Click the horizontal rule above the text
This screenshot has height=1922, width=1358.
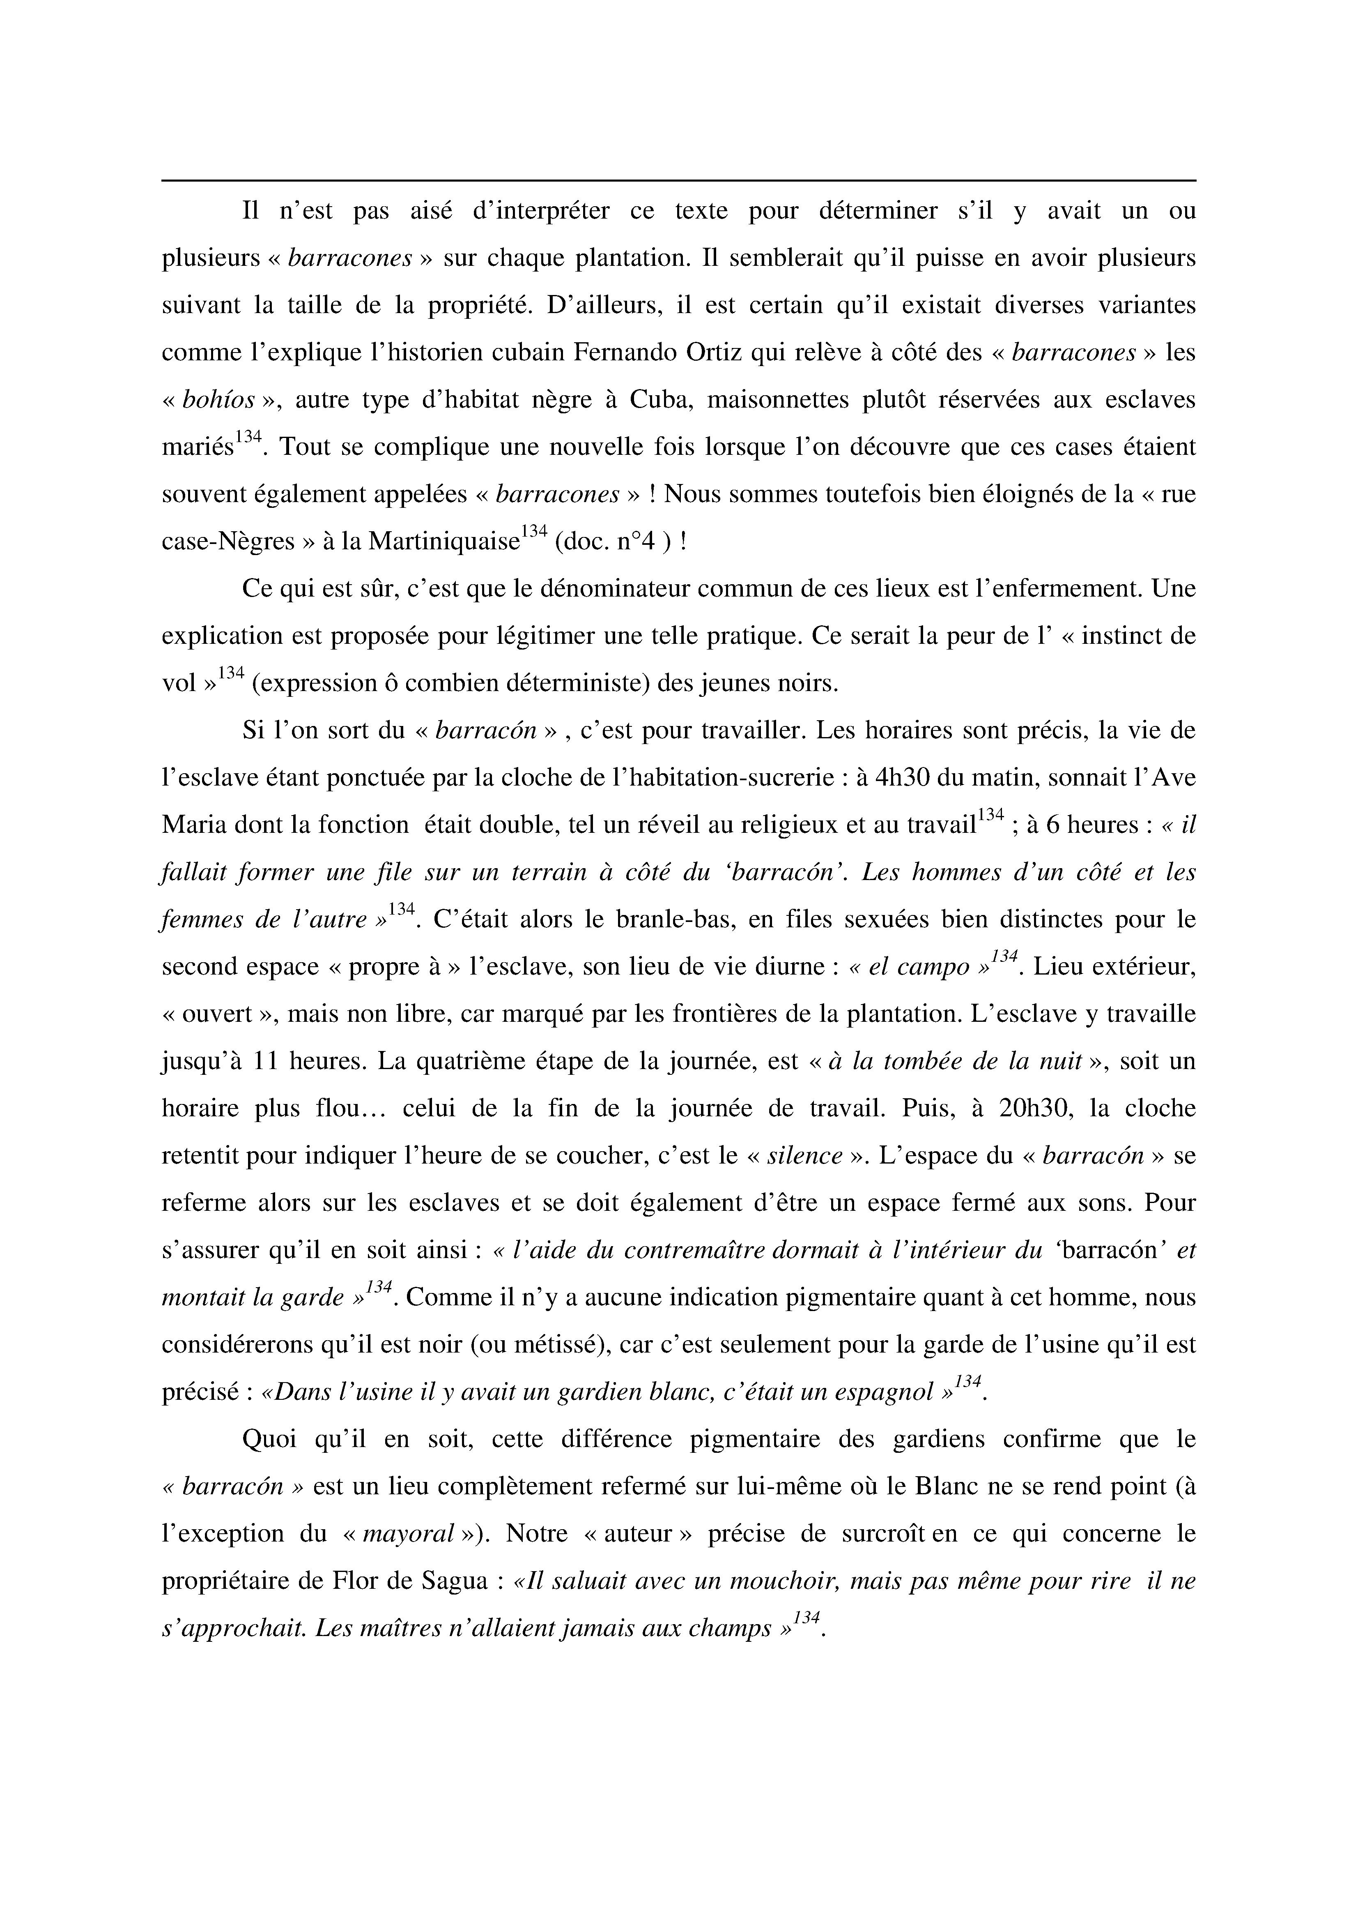678,180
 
